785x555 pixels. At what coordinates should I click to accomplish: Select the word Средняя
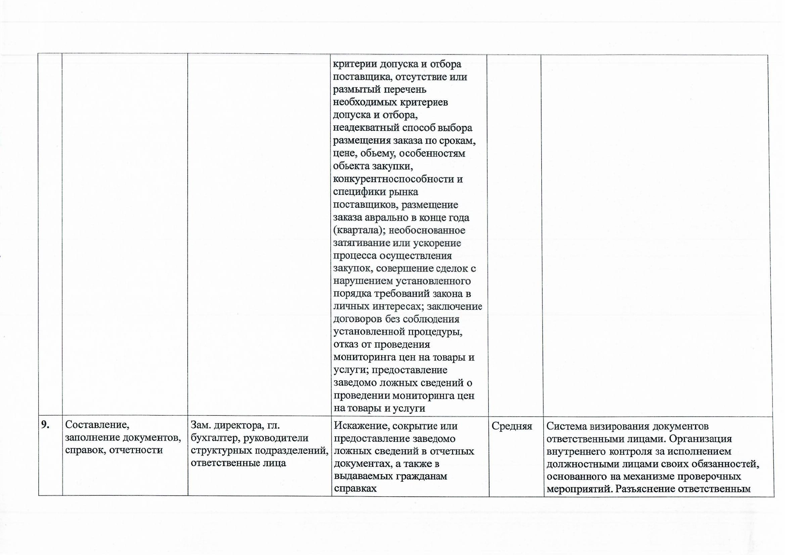[512, 426]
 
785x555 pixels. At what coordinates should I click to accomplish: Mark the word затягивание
[361, 243]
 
